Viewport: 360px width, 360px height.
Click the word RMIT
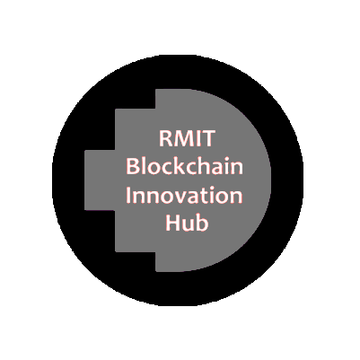click(187, 138)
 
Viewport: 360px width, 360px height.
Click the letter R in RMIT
click(164, 138)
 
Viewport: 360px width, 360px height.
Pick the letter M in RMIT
click(183, 138)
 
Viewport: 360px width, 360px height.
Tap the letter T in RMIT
click(208, 138)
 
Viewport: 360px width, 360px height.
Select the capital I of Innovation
click(127, 195)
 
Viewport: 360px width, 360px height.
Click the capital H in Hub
click(172, 223)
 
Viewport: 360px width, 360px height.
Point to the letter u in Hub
click(188, 225)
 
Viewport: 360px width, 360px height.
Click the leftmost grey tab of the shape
click(100, 180)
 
